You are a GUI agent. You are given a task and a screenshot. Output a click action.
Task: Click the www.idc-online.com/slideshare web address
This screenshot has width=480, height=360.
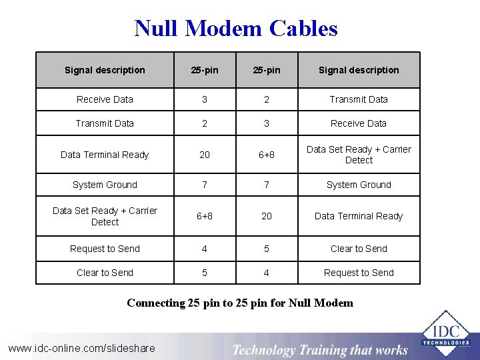pyautogui.click(x=81, y=348)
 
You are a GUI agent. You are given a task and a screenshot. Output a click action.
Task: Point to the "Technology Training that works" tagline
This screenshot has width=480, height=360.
pyautogui.click(x=320, y=349)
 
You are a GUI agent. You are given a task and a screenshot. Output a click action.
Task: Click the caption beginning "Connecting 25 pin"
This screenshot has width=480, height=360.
pyautogui.click(x=240, y=303)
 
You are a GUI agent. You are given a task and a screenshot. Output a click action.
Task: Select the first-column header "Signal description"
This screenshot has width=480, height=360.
pyautogui.click(x=105, y=70)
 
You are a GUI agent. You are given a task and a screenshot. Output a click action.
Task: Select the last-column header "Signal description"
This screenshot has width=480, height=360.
pyautogui.click(x=359, y=70)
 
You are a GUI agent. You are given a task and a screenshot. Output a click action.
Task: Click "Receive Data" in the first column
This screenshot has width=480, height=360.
pyautogui.click(x=105, y=99)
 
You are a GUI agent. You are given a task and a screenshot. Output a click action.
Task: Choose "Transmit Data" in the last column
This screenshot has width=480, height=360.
pyautogui.click(x=359, y=99)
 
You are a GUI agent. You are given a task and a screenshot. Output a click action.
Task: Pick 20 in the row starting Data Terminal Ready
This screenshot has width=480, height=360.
pyautogui.click(x=205, y=155)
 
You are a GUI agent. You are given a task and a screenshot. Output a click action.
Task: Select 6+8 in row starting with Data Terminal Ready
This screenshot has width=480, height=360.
pyautogui.click(x=266, y=155)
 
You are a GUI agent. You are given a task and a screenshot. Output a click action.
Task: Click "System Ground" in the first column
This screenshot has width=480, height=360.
pyautogui.click(x=105, y=185)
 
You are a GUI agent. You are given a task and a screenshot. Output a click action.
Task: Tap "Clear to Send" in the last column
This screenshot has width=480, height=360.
pyautogui.click(x=359, y=249)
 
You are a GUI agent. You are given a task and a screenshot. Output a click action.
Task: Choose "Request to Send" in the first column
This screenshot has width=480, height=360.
pyautogui.click(x=105, y=249)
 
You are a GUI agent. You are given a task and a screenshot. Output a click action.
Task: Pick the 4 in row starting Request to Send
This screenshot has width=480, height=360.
pyautogui.click(x=205, y=249)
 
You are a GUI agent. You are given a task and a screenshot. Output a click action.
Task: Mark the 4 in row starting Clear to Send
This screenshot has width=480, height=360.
pyautogui.click(x=266, y=273)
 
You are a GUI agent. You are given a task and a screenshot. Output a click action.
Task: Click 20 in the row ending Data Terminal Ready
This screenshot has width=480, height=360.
pyautogui.click(x=266, y=216)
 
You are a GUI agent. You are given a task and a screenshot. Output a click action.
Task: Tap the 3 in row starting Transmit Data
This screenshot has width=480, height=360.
pyautogui.click(x=266, y=123)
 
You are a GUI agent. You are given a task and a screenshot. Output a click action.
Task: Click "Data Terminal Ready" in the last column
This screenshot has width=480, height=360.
pyautogui.click(x=359, y=216)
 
